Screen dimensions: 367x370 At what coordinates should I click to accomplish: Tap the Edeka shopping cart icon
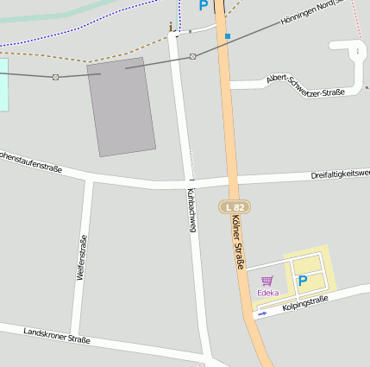pyautogui.click(x=267, y=281)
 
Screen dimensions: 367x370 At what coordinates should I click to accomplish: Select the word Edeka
pyautogui.click(x=267, y=293)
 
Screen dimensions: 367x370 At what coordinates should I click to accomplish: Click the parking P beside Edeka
pyautogui.click(x=303, y=281)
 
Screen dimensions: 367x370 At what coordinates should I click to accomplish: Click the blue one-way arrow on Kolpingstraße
pyautogui.click(x=262, y=313)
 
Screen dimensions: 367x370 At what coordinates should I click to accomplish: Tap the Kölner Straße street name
pyautogui.click(x=239, y=243)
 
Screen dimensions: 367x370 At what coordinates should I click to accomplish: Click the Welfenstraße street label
pyautogui.click(x=82, y=262)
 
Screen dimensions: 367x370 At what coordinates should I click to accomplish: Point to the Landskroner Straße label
pyautogui.click(x=57, y=335)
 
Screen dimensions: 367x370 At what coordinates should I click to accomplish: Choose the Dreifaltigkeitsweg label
pyautogui.click(x=340, y=174)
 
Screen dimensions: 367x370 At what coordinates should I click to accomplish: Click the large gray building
pyautogui.click(x=121, y=106)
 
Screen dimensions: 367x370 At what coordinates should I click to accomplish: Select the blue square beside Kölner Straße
pyautogui.click(x=228, y=36)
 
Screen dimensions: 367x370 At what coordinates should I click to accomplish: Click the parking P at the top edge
pyautogui.click(x=203, y=5)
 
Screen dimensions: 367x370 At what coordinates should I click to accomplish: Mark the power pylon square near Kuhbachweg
pyautogui.click(x=192, y=56)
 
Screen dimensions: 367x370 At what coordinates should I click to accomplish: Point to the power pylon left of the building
pyautogui.click(x=56, y=77)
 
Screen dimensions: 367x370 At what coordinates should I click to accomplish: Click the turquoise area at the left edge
pyautogui.click(x=3, y=84)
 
